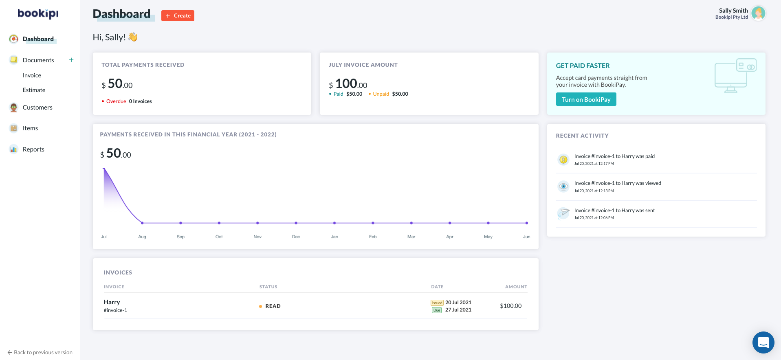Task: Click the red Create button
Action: coord(178,15)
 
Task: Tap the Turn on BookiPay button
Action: coord(586,99)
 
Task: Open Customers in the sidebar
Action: coord(37,108)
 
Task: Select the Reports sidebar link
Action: coord(33,149)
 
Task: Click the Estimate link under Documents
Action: coord(34,90)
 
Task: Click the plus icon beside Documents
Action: coord(71,60)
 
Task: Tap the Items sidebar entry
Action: coord(30,128)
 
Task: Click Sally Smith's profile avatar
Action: coord(758,13)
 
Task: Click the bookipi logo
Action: coord(38,13)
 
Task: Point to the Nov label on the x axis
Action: coord(257,237)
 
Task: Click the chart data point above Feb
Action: coord(373,223)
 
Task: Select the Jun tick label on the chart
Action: coord(526,237)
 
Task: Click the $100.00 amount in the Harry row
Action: coord(510,306)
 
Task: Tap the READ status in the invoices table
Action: coord(273,306)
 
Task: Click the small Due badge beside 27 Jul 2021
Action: coord(437,310)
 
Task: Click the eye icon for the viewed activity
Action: coord(563,187)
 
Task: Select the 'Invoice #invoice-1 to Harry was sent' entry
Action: coord(614,211)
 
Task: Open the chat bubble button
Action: coord(763,342)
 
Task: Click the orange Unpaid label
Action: coord(381,94)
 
